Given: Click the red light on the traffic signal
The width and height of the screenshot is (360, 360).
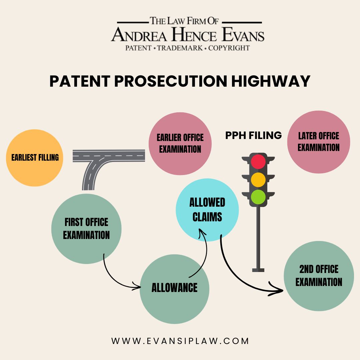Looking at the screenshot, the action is click(x=258, y=162).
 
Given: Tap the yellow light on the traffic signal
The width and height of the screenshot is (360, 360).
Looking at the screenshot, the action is click(x=258, y=180).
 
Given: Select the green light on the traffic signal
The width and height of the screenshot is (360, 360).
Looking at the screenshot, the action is click(x=258, y=197).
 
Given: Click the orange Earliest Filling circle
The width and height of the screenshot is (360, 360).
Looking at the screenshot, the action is click(x=34, y=158).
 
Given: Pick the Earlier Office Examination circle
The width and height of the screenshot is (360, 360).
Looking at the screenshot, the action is click(x=180, y=143).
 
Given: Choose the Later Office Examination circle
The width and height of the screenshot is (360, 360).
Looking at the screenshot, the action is click(x=319, y=142).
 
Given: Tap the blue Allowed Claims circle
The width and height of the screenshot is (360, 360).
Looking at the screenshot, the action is click(x=207, y=210).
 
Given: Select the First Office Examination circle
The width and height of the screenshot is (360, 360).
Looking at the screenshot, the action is click(x=86, y=229).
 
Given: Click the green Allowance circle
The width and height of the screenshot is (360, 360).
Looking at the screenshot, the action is click(x=174, y=289).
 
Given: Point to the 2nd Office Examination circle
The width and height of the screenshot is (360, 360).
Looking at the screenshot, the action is click(x=319, y=276).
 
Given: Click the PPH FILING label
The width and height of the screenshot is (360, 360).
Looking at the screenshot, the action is click(x=253, y=135).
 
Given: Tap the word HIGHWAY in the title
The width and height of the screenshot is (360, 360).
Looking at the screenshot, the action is click(x=271, y=81).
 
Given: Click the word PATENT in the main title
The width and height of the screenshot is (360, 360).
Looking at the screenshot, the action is click(x=80, y=81).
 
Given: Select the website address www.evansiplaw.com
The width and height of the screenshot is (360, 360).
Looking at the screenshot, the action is click(x=180, y=341).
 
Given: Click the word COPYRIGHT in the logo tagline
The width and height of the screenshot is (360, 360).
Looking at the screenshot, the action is click(x=229, y=48).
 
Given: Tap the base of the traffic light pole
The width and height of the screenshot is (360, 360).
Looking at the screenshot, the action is click(x=258, y=270).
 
